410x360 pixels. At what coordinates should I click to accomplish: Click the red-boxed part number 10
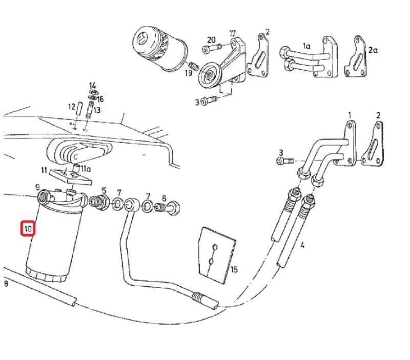click(28, 229)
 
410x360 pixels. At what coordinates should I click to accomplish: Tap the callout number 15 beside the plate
click(234, 269)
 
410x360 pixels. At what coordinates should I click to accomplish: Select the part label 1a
click(306, 46)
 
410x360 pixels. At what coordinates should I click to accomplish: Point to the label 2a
click(373, 50)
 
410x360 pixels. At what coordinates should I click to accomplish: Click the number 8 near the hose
click(6, 284)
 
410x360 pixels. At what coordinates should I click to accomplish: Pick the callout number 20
click(211, 40)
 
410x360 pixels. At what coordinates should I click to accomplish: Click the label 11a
click(86, 169)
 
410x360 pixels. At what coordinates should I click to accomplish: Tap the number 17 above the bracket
click(233, 33)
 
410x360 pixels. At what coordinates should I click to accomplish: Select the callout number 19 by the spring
click(189, 72)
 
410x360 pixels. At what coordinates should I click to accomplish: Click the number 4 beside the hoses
click(302, 245)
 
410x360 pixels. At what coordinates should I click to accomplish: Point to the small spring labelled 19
click(195, 66)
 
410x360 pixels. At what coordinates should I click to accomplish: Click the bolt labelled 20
click(212, 48)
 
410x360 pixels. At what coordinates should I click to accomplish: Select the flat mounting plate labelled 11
click(70, 177)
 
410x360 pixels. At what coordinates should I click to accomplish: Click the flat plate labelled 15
click(217, 254)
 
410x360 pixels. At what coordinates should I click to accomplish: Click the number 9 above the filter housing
click(37, 187)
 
